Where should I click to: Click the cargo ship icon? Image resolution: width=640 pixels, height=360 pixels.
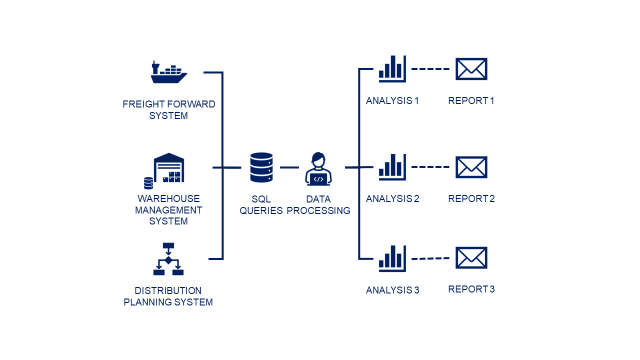pyautogui.click(x=169, y=72)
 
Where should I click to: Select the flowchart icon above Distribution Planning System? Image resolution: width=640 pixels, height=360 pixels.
pyautogui.click(x=168, y=259)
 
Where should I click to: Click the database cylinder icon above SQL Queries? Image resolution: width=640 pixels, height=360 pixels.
pyautogui.click(x=261, y=167)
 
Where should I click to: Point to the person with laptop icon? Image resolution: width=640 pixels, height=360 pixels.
pyautogui.click(x=318, y=169)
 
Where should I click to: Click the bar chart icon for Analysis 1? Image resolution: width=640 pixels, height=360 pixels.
pyautogui.click(x=392, y=69)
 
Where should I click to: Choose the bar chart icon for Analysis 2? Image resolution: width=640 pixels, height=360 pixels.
pyautogui.click(x=392, y=167)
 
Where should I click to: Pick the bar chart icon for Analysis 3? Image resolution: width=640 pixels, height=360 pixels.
pyautogui.click(x=392, y=258)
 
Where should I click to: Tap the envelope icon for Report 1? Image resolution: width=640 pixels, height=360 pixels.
pyautogui.click(x=471, y=69)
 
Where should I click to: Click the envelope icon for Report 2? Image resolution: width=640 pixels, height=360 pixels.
pyautogui.click(x=471, y=167)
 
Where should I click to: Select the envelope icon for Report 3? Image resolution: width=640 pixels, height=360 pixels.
pyautogui.click(x=471, y=258)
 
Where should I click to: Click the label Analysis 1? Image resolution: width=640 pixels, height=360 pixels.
pyautogui.click(x=392, y=100)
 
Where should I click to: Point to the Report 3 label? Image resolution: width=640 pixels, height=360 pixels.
pyautogui.click(x=471, y=289)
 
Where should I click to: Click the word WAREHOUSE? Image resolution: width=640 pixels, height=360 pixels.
pyautogui.click(x=169, y=198)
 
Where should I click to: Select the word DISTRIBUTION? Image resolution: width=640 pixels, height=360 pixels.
pyautogui.click(x=168, y=291)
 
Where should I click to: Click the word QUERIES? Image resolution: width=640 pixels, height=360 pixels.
pyautogui.click(x=261, y=211)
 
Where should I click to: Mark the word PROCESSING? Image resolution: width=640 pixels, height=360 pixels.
pyautogui.click(x=318, y=211)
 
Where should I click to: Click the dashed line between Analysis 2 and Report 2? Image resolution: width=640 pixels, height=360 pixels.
pyautogui.click(x=430, y=167)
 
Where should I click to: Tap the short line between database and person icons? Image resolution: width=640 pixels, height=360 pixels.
pyautogui.click(x=289, y=167)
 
